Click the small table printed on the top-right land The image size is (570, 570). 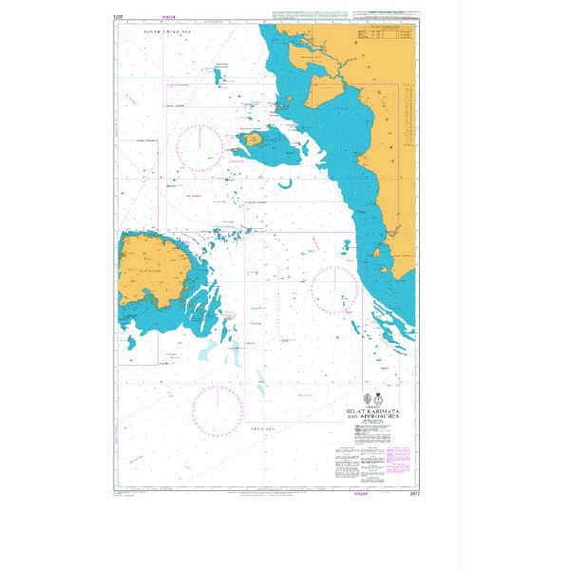click(x=388, y=37)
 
